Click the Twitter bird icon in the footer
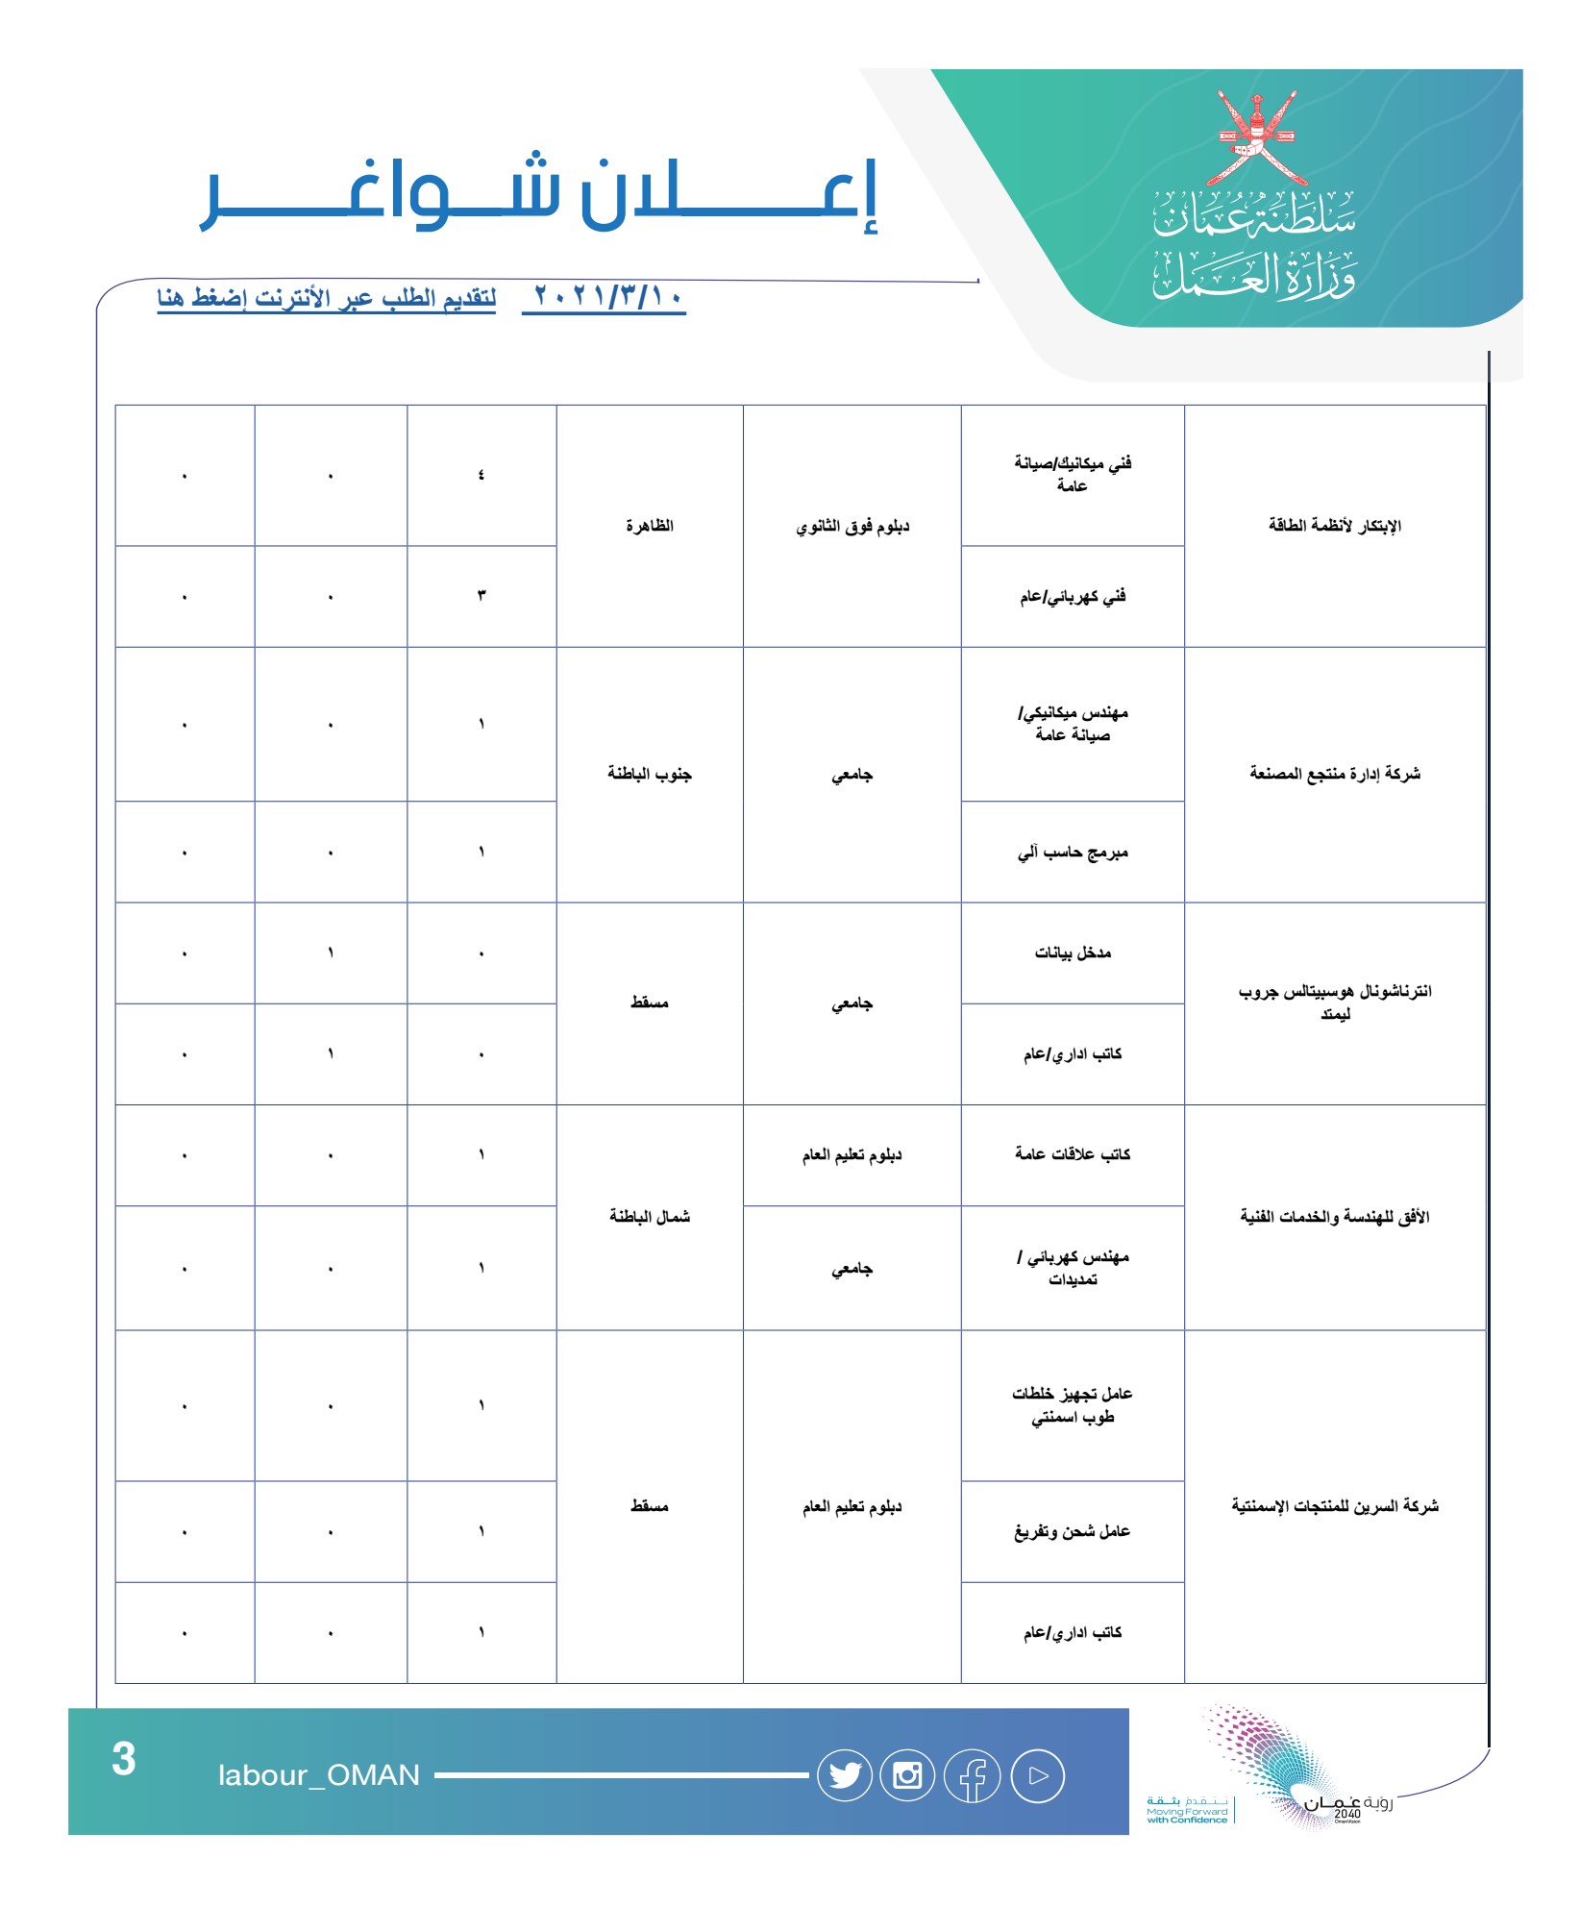point(845,1775)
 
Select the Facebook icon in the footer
point(973,1776)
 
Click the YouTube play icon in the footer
point(1037,1776)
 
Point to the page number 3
point(124,1760)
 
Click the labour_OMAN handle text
point(319,1775)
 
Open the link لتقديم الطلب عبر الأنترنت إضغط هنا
point(327,298)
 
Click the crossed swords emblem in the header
point(1256,138)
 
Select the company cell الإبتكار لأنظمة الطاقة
point(1335,526)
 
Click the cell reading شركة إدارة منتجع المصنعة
point(1335,774)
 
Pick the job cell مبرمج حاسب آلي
point(1073,853)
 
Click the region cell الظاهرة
point(650,526)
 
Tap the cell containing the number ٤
point(481,475)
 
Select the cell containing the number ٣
point(481,596)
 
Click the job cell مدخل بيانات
point(1073,953)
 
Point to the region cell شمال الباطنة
point(650,1217)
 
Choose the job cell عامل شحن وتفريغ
point(1073,1531)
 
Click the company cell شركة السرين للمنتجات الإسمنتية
point(1335,1506)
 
